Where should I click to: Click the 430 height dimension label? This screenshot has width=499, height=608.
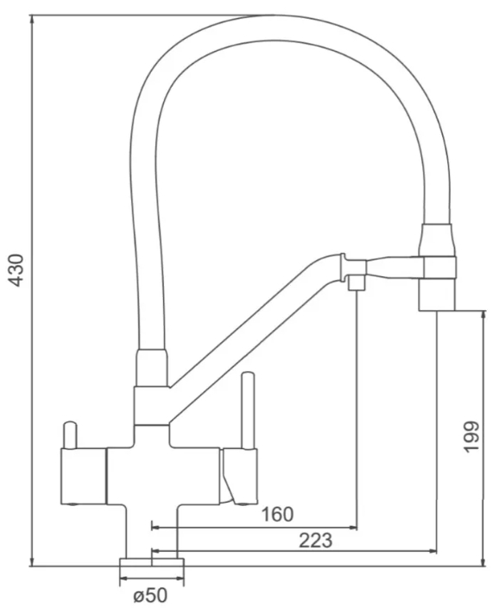[16, 270]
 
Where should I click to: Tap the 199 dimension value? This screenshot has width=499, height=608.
[471, 436]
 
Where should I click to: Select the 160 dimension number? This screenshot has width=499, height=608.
[277, 515]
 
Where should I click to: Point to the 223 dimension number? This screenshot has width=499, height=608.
[315, 541]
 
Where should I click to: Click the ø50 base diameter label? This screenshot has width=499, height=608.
[150, 595]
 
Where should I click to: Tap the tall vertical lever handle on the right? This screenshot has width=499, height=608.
[248, 411]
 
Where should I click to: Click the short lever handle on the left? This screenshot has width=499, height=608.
[70, 434]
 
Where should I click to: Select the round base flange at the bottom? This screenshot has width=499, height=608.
[152, 562]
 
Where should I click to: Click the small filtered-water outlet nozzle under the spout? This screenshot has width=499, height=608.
[357, 282]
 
